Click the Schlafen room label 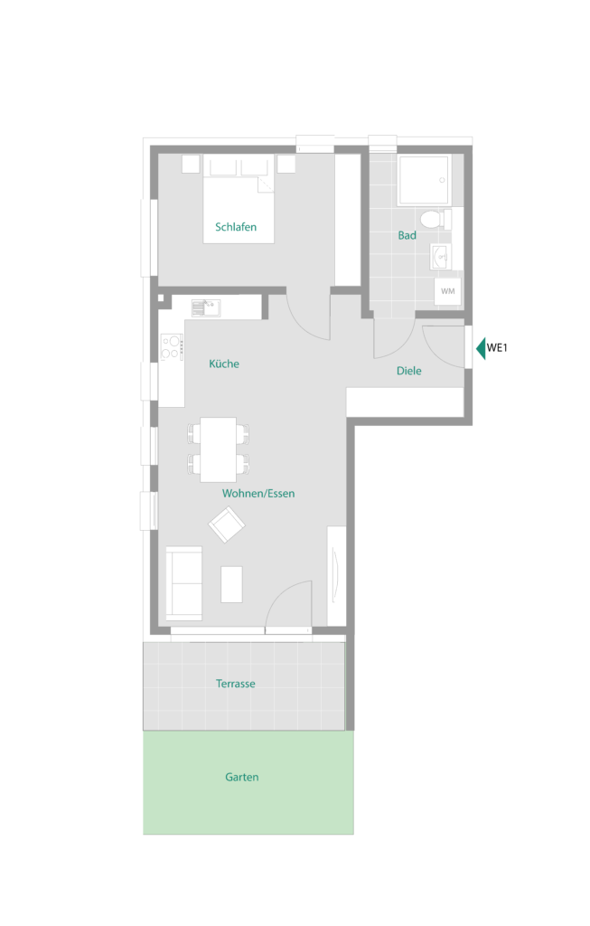pos(236,227)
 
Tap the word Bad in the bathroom pos(407,235)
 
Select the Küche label pos(224,364)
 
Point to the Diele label pos(409,371)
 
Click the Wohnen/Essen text pos(258,494)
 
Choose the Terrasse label pos(236,684)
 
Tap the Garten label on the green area pos(242,777)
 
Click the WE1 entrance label pos(497,348)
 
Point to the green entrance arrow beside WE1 pos(481,348)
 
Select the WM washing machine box pos(448,291)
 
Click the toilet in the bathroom pos(436,219)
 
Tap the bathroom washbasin pos(440,256)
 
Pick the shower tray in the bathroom pos(424,180)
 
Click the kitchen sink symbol pos(206,307)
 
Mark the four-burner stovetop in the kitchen pos(172,347)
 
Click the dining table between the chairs pos(219,449)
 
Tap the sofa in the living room pos(184,583)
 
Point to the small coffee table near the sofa pos(231,584)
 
